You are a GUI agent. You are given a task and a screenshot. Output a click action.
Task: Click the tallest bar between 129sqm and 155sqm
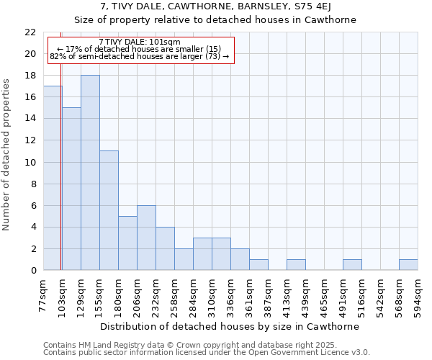coord(90,173)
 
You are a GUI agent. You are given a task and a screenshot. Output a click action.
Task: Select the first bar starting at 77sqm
coord(53,178)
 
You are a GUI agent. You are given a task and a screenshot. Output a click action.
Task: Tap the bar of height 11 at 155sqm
coord(109,210)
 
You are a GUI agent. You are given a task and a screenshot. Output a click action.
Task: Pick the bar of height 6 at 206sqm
coord(146,238)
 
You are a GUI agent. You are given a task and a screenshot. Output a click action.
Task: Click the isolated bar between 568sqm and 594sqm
coord(408,265)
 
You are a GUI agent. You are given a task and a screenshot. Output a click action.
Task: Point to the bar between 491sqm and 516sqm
coord(352,265)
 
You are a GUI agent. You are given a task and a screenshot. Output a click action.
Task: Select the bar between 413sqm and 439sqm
coord(296,265)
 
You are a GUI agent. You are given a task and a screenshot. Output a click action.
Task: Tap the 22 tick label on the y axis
coord(30,32)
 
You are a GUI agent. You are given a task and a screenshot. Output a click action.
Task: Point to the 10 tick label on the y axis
coord(30,163)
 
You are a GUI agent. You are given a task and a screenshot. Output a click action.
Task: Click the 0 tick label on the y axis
coord(33,271)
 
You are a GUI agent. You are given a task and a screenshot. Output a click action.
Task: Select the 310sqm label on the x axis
coord(212,295)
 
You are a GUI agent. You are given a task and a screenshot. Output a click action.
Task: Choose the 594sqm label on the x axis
coord(418,295)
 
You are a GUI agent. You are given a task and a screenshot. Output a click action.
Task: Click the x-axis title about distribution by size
coord(230,326)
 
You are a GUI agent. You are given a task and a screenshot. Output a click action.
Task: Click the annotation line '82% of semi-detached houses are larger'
coord(140,56)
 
